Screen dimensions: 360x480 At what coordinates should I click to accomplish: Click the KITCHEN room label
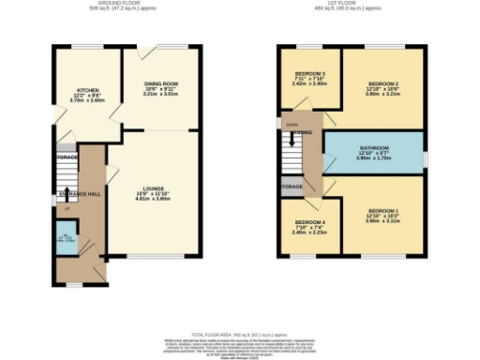click(x=88, y=91)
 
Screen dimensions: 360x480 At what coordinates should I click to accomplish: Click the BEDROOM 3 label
click(x=309, y=74)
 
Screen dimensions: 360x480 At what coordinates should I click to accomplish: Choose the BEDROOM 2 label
click(x=382, y=83)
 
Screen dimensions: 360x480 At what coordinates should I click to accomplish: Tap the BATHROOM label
click(x=374, y=148)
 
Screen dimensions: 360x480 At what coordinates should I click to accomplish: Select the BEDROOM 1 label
click(x=382, y=210)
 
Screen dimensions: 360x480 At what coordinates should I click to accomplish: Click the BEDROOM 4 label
click(x=309, y=222)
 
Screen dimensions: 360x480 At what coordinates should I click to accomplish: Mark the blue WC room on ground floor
click(x=63, y=240)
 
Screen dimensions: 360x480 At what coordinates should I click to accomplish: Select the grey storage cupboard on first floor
click(x=292, y=187)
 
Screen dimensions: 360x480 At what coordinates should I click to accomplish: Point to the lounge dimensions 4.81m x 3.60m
click(x=153, y=199)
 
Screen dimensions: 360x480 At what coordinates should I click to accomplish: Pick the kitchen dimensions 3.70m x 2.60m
click(x=88, y=103)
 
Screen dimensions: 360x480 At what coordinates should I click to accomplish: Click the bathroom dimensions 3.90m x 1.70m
click(x=374, y=160)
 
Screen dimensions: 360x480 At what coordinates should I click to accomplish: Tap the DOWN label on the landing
click(x=292, y=124)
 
